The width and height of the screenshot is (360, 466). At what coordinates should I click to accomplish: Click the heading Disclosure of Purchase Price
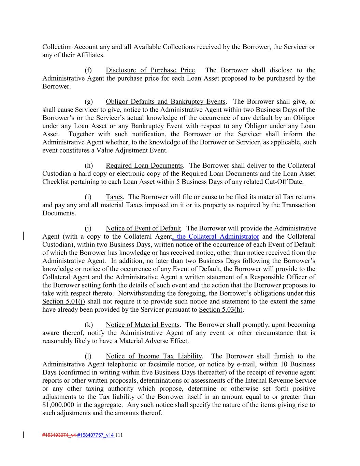tap(150, 70)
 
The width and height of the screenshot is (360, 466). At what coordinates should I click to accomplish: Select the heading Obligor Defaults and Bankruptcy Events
tap(165, 102)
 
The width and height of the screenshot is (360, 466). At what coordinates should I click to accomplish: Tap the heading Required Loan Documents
tap(144, 166)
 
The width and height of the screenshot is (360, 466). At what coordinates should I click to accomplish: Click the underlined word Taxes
tap(114, 197)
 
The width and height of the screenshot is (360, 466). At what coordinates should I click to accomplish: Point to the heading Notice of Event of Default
tap(143, 228)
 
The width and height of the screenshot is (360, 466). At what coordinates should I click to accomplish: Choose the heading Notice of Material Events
tap(142, 325)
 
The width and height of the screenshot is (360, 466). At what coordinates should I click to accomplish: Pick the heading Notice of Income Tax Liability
tap(154, 356)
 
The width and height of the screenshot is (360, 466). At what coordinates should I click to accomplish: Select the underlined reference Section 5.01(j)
tap(64, 301)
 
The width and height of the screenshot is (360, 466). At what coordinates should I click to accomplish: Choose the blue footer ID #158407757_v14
tap(96, 435)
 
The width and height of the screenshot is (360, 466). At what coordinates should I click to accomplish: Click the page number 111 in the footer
tap(119, 435)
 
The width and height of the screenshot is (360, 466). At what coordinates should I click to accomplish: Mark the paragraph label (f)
tap(88, 70)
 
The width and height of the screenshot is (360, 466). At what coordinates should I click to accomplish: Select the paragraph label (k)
tap(88, 325)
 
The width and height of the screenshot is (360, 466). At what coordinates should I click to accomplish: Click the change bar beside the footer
tap(23, 435)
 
